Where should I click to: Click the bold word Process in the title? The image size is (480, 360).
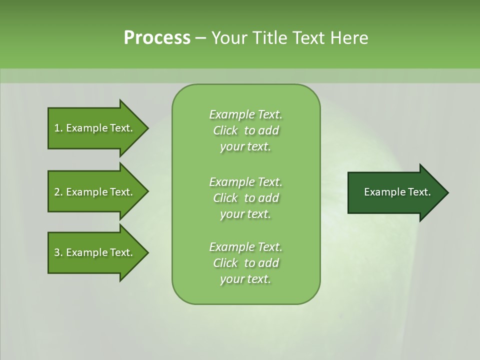pyautogui.click(x=157, y=38)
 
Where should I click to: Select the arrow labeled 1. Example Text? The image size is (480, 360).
pyautogui.click(x=95, y=128)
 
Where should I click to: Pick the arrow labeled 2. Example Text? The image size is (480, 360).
pyautogui.click(x=95, y=192)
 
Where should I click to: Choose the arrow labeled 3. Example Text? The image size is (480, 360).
pyautogui.click(x=95, y=252)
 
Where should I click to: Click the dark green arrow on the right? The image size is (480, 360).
pyautogui.click(x=395, y=192)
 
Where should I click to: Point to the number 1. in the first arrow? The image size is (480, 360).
pyautogui.click(x=58, y=128)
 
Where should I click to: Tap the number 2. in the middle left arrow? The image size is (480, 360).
pyautogui.click(x=58, y=192)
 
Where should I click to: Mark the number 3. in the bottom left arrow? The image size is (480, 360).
pyautogui.click(x=58, y=252)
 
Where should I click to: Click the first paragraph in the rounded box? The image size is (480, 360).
pyautogui.click(x=245, y=130)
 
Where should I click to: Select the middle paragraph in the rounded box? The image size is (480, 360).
pyautogui.click(x=245, y=198)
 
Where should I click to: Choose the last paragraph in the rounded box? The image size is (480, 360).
pyautogui.click(x=245, y=263)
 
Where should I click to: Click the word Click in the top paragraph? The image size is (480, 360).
pyautogui.click(x=225, y=130)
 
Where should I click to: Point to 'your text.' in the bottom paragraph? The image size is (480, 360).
pyautogui.click(x=245, y=279)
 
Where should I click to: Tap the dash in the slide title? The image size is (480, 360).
pyautogui.click(x=201, y=38)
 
